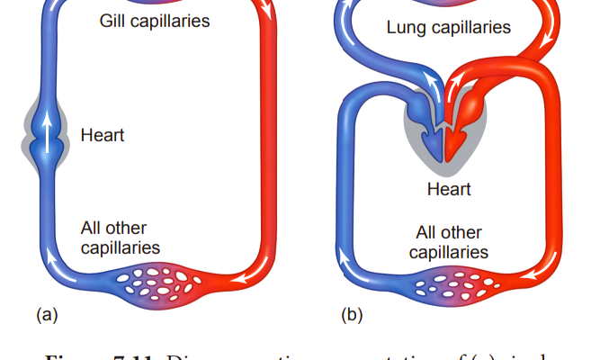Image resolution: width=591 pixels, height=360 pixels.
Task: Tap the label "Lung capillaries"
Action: (x=448, y=28)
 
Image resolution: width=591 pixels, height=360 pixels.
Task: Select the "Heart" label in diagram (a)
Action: (x=102, y=137)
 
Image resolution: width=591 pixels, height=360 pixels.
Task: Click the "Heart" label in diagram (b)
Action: (x=447, y=190)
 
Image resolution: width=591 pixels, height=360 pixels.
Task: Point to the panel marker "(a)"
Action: (x=46, y=315)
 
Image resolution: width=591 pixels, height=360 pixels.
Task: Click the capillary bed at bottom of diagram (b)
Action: (x=449, y=286)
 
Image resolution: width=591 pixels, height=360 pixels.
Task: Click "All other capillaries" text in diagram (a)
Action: (x=120, y=238)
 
